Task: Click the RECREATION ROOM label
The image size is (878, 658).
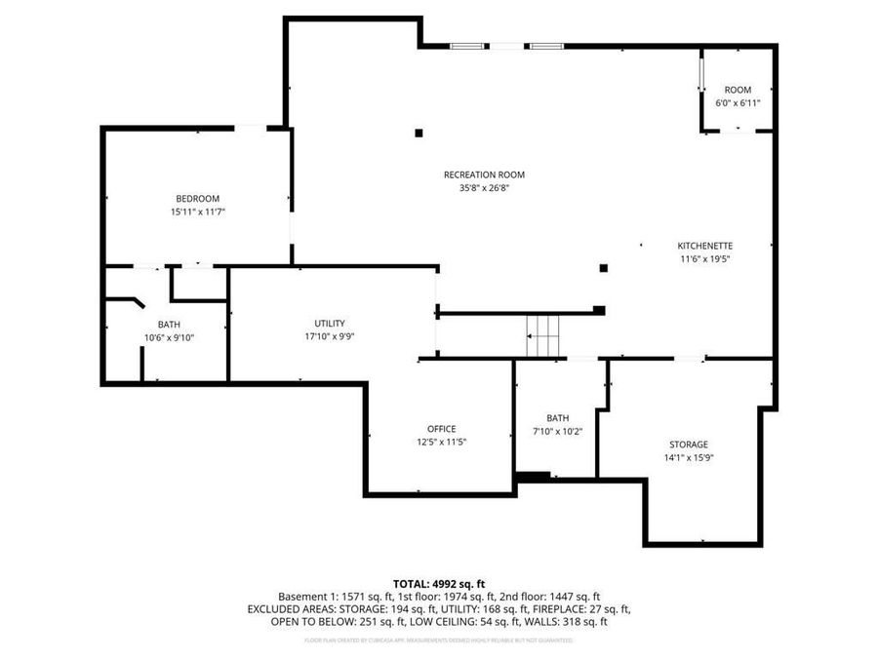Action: coord(478,175)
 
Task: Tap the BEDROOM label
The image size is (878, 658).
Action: coord(197,199)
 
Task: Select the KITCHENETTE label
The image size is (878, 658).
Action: coord(705,246)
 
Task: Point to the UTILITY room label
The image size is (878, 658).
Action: coord(329,324)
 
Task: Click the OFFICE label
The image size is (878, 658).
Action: coord(441,429)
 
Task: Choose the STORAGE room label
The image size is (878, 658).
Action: coord(689,445)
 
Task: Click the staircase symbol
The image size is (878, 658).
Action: coord(544,336)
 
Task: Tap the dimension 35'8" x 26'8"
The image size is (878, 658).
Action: coord(478,189)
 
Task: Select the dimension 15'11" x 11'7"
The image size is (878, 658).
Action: coord(197,212)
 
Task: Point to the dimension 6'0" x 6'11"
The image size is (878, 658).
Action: coord(738,102)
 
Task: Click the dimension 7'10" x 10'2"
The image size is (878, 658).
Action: coord(558,432)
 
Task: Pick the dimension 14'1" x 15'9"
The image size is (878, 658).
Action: coord(689,458)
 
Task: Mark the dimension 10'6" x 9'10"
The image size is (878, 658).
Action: coord(169,338)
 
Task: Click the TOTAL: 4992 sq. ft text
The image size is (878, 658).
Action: coord(438,583)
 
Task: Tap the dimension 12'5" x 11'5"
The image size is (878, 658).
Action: coord(441,443)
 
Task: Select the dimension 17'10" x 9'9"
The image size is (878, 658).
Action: coord(329,337)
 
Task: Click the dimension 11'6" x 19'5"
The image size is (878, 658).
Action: coord(705,259)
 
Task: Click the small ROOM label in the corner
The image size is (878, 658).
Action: coord(738,90)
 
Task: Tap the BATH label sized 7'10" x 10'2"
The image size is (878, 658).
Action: coord(558,418)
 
